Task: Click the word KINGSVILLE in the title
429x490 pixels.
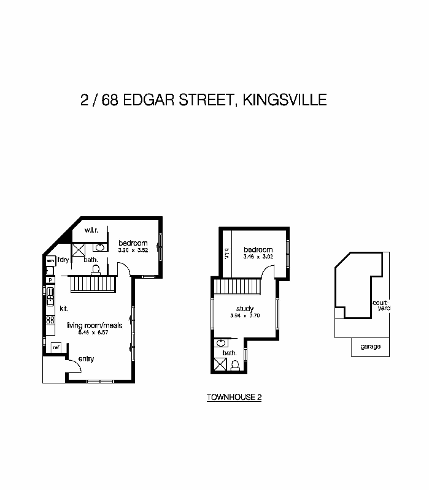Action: point(284,99)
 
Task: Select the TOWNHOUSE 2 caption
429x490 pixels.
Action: point(234,397)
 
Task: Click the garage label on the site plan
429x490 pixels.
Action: point(370,347)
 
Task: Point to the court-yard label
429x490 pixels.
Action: point(380,305)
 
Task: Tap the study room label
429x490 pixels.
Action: point(244,309)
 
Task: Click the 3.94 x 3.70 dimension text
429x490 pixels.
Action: point(244,316)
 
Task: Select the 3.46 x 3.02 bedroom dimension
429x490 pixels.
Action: point(258,257)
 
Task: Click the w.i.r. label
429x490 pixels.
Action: point(92,230)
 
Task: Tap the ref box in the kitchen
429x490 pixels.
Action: point(56,347)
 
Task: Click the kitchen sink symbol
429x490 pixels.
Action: point(50,300)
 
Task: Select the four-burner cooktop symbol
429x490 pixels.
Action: point(49,320)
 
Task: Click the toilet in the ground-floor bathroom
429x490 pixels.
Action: point(95,268)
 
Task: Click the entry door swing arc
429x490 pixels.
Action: point(75,365)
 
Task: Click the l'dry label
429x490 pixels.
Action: point(63,260)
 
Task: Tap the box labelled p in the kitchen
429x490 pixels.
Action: point(50,281)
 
